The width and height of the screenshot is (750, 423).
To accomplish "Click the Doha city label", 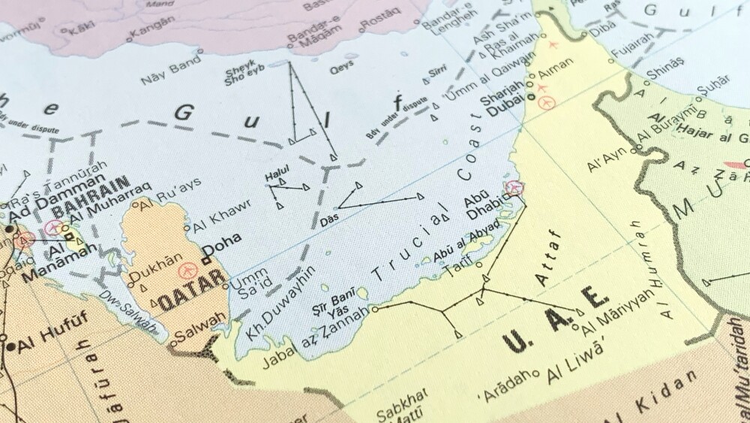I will tap(222, 242).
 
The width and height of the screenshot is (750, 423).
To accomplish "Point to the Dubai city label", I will tap(505, 110).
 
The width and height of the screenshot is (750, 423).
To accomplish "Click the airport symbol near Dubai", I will tap(546, 101).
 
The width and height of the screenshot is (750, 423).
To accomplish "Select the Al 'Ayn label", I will tap(607, 162).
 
